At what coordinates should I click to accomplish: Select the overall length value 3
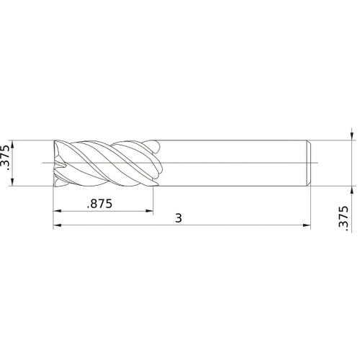tap(179, 217)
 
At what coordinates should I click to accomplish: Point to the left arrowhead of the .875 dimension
tap(57, 212)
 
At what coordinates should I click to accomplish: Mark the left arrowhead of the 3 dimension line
tap(57, 226)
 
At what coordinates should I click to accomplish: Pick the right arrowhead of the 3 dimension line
tap(307, 226)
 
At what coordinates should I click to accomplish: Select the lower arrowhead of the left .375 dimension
tap(17, 185)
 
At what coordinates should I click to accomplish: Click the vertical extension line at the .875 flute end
tap(154, 202)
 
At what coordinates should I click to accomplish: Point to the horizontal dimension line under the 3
tap(238, 226)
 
